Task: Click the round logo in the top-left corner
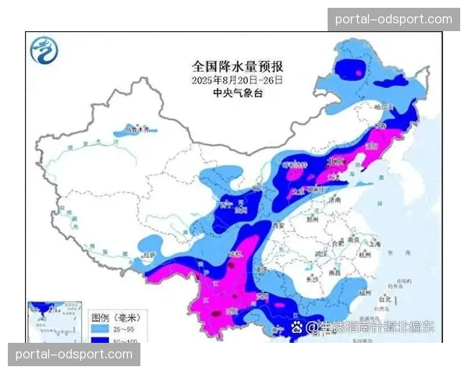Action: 44,52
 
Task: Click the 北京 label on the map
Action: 338,160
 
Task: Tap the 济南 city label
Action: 356,200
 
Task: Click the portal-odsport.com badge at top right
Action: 393,19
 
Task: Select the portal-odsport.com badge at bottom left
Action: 75,355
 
